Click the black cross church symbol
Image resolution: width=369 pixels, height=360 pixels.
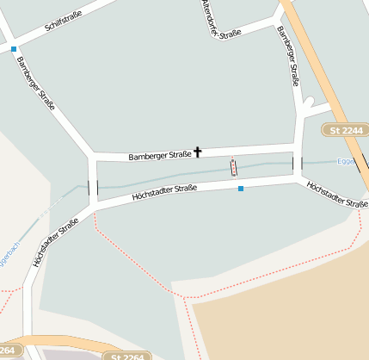click(x=198, y=152)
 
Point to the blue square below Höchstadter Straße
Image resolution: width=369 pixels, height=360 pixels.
click(x=241, y=188)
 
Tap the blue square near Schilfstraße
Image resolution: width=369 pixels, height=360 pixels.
click(x=14, y=49)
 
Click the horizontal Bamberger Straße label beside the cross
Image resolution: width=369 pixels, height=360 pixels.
click(x=159, y=156)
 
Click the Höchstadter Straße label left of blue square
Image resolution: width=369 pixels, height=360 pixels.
click(x=164, y=193)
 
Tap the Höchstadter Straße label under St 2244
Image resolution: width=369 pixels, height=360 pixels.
click(x=336, y=193)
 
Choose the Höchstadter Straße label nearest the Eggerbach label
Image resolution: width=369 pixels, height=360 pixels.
click(x=55, y=241)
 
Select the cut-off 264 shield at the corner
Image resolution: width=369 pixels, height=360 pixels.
click(x=7, y=351)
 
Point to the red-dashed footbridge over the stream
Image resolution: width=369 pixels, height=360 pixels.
click(x=232, y=166)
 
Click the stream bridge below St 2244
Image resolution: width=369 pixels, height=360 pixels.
click(x=298, y=164)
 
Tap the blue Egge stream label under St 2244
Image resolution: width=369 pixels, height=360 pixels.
click(x=345, y=161)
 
